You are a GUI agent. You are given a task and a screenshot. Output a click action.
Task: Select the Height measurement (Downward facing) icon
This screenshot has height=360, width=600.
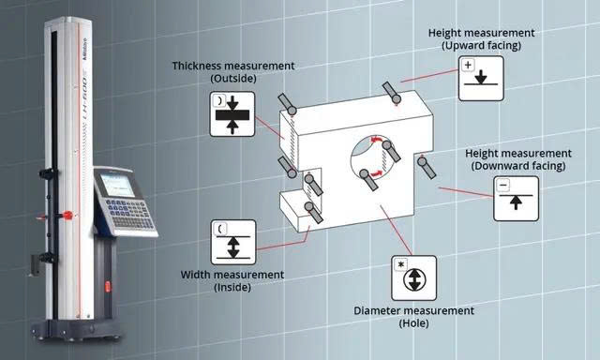pyautogui.click(x=516, y=197)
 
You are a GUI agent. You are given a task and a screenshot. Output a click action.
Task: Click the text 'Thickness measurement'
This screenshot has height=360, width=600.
pyautogui.click(x=232, y=67)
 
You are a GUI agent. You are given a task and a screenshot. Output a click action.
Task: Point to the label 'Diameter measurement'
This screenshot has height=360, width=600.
pyautogui.click(x=413, y=310)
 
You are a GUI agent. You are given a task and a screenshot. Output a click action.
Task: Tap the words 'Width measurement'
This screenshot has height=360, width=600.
pyautogui.click(x=232, y=275)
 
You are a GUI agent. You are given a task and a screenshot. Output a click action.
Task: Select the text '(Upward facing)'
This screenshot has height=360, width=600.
pyautogui.click(x=481, y=44)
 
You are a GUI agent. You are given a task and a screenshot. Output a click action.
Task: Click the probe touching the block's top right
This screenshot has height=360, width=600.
pyautogui.click(x=392, y=94)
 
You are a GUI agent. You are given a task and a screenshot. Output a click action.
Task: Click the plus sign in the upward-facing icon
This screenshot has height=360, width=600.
pyautogui.click(x=468, y=65)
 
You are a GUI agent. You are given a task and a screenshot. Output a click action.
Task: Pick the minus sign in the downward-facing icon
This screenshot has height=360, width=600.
pyautogui.click(x=503, y=186)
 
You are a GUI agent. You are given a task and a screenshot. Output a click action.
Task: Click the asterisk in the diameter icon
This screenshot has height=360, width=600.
pyautogui.click(x=402, y=263)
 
